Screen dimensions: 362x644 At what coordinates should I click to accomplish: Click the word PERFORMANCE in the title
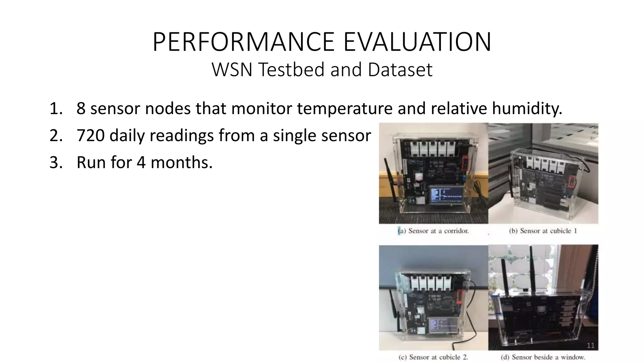[244, 42]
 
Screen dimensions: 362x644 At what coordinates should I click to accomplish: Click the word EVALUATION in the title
[417, 42]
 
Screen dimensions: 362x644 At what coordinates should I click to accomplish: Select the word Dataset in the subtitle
[400, 70]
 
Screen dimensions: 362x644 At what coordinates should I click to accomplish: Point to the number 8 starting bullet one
[81, 109]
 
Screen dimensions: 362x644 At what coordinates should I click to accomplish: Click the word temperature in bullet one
[345, 109]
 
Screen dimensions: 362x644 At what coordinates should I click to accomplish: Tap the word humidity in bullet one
[527, 109]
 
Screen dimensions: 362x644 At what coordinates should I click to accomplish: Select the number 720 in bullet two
[90, 136]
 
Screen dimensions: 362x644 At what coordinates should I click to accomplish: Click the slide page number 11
[591, 346]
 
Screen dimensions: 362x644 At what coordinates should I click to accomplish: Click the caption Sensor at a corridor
[434, 231]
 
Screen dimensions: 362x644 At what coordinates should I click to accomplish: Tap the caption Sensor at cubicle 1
[543, 231]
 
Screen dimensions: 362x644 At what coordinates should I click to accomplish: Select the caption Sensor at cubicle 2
[434, 357]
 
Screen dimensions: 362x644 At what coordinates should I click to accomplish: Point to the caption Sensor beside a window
[543, 357]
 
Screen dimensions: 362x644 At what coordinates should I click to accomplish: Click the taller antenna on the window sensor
[533, 270]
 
